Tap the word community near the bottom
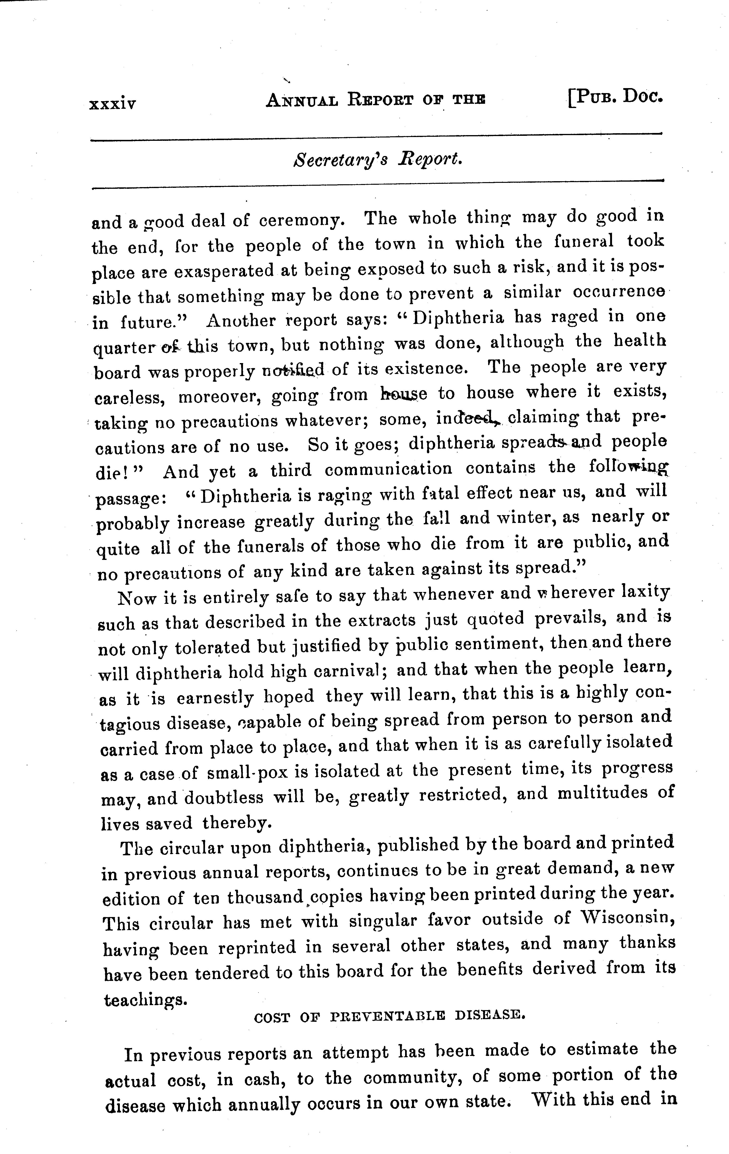tap(412, 1076)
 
